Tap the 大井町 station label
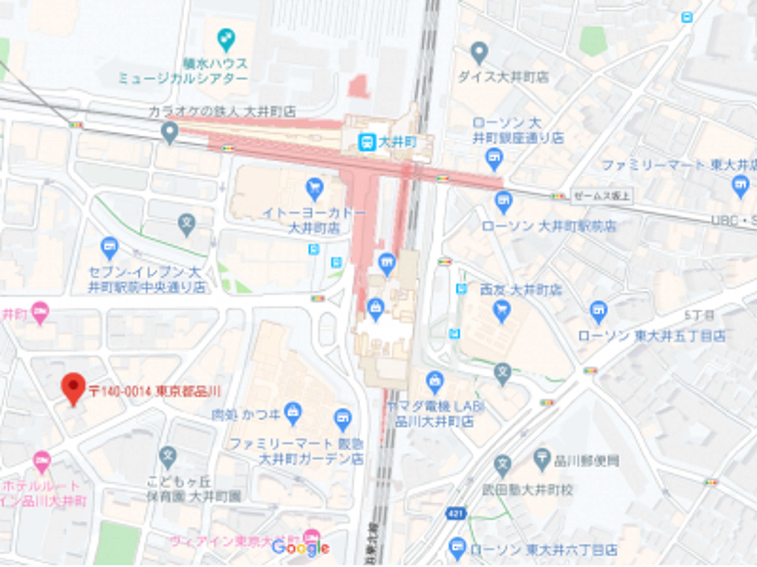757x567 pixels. tap(397, 142)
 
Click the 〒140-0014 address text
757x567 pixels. tap(155, 391)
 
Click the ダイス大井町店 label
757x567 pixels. tap(503, 77)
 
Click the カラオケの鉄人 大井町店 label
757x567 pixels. tap(222, 112)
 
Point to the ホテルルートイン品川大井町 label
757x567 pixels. tap(43, 494)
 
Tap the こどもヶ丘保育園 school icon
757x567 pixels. tap(168, 457)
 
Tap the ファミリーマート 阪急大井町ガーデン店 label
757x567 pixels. tap(296, 451)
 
